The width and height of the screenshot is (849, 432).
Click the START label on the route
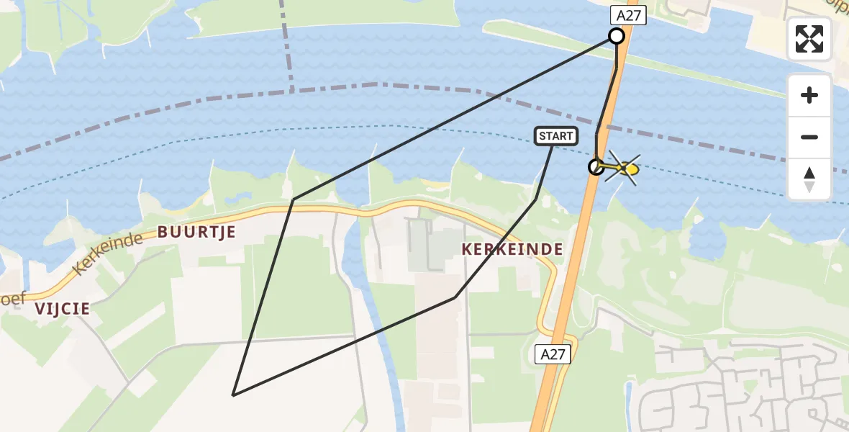click(556, 136)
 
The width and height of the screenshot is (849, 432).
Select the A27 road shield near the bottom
click(553, 354)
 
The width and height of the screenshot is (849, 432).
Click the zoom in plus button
click(809, 95)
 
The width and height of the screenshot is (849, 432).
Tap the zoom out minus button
click(809, 137)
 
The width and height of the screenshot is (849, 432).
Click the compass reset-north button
click(809, 179)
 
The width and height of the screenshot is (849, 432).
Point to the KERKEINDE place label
click(512, 249)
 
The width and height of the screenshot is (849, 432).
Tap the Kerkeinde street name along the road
click(107, 254)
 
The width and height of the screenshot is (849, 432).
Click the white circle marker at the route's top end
click(617, 36)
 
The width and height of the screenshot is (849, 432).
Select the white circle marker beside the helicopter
click(596, 167)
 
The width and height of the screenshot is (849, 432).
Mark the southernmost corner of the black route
click(233, 395)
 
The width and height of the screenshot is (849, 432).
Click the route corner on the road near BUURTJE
click(293, 199)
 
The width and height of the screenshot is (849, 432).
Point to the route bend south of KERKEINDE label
click(455, 297)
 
